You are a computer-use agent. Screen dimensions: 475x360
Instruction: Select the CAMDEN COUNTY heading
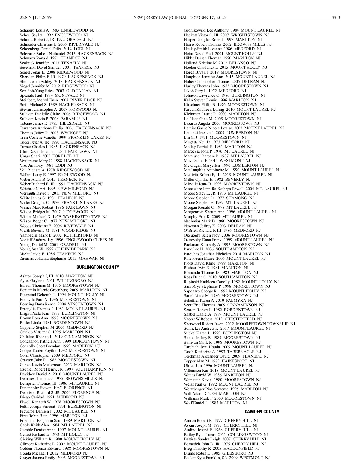click(262, 412)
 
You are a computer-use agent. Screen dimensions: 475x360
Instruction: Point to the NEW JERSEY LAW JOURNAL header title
click(180, 17)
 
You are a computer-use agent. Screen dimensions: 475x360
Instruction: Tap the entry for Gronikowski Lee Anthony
click(232, 30)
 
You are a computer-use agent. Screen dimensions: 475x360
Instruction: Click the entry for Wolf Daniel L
click(215, 403)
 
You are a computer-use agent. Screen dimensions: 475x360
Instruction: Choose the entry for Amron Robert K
click(221, 421)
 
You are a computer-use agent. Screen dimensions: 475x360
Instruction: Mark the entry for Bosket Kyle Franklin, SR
click(226, 458)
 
